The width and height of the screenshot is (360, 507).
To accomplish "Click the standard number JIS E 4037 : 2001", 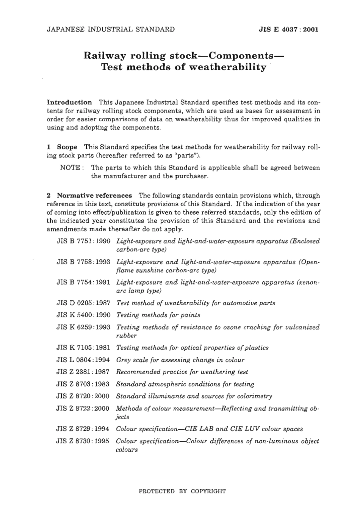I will pos(288,30).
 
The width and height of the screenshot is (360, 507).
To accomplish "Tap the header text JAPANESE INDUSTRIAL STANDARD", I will pos(111,30).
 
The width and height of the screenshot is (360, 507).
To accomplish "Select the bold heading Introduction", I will pos(69,102).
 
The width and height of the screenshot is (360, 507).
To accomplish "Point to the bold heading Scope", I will pos(67,147).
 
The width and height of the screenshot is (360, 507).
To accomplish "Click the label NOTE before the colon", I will pos(70,168).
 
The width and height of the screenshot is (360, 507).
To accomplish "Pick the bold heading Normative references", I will pos(94,196).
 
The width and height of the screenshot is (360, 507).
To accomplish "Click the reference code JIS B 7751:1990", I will pos(83,241).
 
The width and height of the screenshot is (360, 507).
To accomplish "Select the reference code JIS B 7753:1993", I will pos(83,262).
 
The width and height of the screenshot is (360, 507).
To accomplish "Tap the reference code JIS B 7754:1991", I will pos(83,283).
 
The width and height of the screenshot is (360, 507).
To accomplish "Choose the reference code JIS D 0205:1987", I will pos(83,303).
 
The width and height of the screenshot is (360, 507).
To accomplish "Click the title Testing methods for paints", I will pos(158,315).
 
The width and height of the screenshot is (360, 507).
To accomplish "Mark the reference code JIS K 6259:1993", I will pos(83,327).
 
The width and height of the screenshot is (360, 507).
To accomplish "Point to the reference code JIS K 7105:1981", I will pos(83,348).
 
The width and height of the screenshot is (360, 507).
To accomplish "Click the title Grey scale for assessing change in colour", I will pos(180,360).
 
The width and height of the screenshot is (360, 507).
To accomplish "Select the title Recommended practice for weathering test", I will pos(182,372).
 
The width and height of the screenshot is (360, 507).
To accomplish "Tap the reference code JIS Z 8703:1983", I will pos(83,384).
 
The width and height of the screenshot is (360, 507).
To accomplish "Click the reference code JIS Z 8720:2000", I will pos(83,396).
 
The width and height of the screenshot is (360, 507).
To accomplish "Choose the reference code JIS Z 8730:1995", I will pos(83,441).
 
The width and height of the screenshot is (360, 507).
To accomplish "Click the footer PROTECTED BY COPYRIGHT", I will pos(182,491).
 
